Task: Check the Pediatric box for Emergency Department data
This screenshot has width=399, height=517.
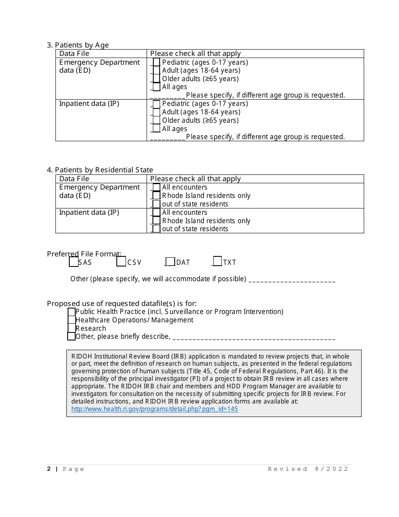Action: click(x=156, y=62)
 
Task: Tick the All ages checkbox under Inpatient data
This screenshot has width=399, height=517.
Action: click(x=156, y=129)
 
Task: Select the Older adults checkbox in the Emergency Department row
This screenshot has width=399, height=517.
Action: click(x=156, y=79)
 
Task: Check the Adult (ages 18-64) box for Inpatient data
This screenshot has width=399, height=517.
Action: click(x=156, y=112)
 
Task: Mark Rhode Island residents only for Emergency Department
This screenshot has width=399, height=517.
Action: click(x=156, y=195)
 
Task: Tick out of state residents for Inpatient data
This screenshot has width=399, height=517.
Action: click(x=156, y=229)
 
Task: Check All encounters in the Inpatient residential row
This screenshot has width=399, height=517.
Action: click(x=156, y=212)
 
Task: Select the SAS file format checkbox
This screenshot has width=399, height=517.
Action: click(x=73, y=262)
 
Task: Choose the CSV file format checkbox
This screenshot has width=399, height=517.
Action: click(x=121, y=261)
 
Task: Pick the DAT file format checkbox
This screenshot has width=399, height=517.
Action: click(x=170, y=262)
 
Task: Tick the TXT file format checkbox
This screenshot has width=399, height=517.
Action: click(x=217, y=261)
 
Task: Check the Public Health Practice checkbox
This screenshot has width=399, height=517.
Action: click(x=71, y=312)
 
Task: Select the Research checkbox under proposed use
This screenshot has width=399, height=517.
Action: click(x=71, y=328)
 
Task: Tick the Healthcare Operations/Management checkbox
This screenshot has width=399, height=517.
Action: click(x=71, y=320)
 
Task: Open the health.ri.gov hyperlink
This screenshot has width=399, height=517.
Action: click(x=155, y=409)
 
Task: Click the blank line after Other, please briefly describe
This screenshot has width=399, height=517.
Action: click(x=254, y=338)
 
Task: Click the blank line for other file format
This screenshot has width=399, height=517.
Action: click(x=292, y=280)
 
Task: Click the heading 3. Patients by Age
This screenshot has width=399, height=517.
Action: click(x=78, y=45)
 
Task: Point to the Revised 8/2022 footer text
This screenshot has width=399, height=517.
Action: click(x=308, y=469)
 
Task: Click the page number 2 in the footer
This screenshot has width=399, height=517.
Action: click(x=49, y=469)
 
